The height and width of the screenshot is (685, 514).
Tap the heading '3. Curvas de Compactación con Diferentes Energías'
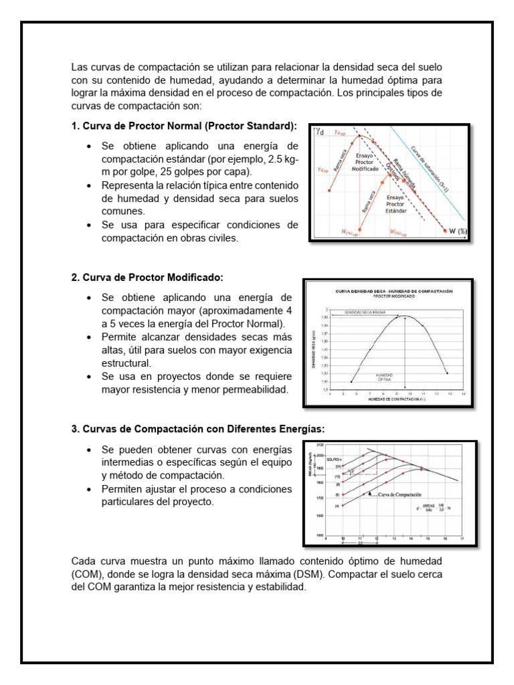point(197,428)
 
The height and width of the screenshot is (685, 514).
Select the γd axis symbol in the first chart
point(321,132)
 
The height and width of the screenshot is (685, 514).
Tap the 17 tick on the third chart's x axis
point(462,539)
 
